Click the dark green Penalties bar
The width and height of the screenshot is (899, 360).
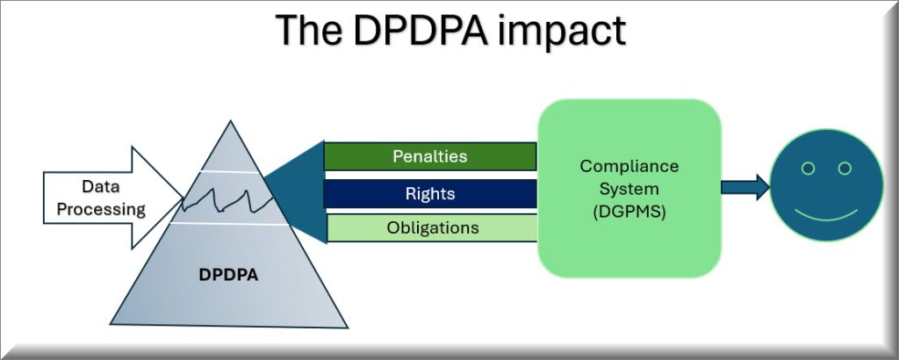click(x=430, y=156)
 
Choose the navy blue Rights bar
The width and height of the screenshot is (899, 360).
click(x=430, y=194)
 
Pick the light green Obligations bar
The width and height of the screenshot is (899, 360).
click(x=432, y=227)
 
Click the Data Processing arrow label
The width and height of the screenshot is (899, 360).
click(x=101, y=198)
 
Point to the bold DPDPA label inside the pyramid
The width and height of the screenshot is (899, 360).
click(x=228, y=275)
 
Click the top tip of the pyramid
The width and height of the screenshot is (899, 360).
click(x=231, y=121)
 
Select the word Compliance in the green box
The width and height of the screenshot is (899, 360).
click(x=629, y=167)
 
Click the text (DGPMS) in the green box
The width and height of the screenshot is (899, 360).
click(x=629, y=212)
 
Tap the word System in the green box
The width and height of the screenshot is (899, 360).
click(x=629, y=189)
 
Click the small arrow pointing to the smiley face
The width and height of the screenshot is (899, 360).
click(x=744, y=187)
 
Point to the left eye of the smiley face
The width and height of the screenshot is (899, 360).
click(x=808, y=169)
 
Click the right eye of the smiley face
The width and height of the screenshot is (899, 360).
click(x=845, y=169)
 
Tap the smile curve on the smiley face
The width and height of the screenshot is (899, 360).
click(x=826, y=219)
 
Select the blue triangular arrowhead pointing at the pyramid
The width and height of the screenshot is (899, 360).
click(x=295, y=192)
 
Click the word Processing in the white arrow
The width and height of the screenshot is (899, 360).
click(x=101, y=209)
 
